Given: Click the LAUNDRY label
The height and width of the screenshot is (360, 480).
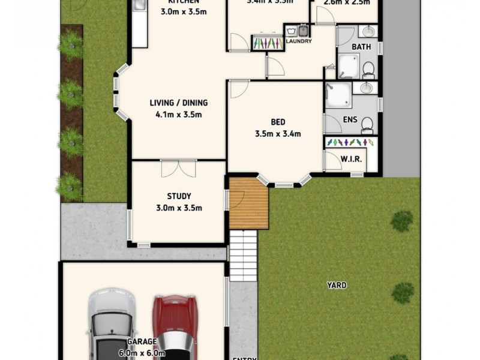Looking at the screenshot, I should (298, 42).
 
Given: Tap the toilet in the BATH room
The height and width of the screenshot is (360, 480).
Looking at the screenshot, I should (370, 70).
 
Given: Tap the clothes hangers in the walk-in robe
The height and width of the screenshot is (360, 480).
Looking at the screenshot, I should (349, 142).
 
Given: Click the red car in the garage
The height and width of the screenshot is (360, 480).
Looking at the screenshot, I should (173, 327).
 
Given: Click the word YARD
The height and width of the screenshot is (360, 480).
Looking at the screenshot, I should (337, 285).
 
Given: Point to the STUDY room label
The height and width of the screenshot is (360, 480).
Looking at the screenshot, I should (179, 196).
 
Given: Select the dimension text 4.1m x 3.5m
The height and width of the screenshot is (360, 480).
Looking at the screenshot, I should (179, 115).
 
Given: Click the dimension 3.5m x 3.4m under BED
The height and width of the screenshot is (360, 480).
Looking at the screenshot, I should (278, 133).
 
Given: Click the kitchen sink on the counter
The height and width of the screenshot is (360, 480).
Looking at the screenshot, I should (138, 6).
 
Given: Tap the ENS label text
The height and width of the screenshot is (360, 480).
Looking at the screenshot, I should (350, 119).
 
